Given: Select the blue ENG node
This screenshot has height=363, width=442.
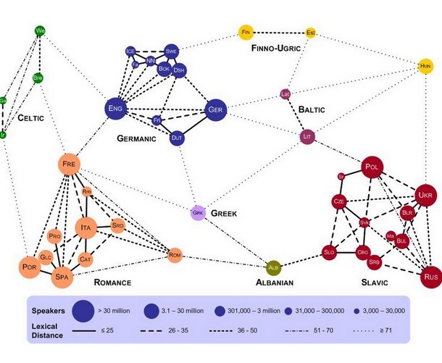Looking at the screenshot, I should [115, 109].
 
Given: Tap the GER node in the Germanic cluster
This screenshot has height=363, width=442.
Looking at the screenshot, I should [215, 109].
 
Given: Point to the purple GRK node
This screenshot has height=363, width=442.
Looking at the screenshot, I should [198, 213].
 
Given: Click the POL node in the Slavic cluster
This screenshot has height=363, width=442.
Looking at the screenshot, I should [372, 167].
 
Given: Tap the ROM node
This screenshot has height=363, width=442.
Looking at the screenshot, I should [174, 254].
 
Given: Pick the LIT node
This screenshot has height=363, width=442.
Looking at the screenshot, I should [307, 135].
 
